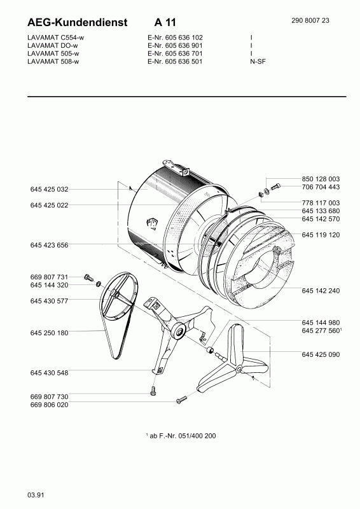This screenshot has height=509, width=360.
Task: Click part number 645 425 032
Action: point(50,189)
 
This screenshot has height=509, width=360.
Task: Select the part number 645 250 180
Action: point(50,333)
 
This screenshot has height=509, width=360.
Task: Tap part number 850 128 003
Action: point(321,179)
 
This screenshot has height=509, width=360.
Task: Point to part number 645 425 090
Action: point(321,354)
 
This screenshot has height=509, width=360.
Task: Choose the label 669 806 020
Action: point(50,405)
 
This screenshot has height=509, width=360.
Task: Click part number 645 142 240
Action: point(321,291)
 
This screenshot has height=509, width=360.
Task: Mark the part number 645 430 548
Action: point(50,373)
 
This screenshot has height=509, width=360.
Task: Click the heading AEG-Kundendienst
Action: point(77,22)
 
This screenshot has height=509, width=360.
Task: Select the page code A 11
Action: point(165,22)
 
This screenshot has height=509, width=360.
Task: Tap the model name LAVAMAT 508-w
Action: point(53,61)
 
